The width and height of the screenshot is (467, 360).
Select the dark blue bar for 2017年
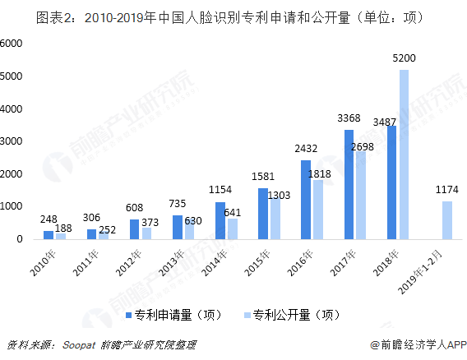click(349, 185)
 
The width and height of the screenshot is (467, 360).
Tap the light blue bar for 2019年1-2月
click(447, 220)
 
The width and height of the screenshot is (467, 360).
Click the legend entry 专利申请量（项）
click(176, 315)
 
